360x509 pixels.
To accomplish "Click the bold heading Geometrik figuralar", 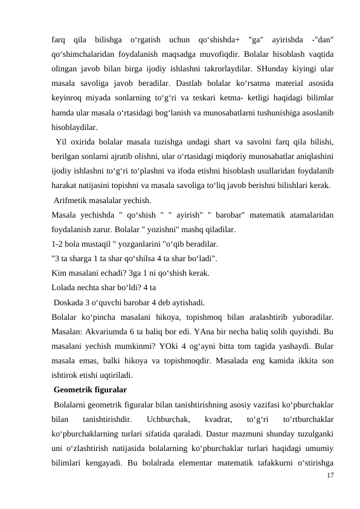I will [90, 389].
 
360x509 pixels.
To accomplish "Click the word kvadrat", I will [216, 418].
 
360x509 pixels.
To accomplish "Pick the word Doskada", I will [68, 302].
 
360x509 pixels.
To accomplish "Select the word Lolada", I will [63, 288].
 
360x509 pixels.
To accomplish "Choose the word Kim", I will [59, 273].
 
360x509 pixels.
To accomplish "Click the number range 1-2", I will [57, 244].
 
